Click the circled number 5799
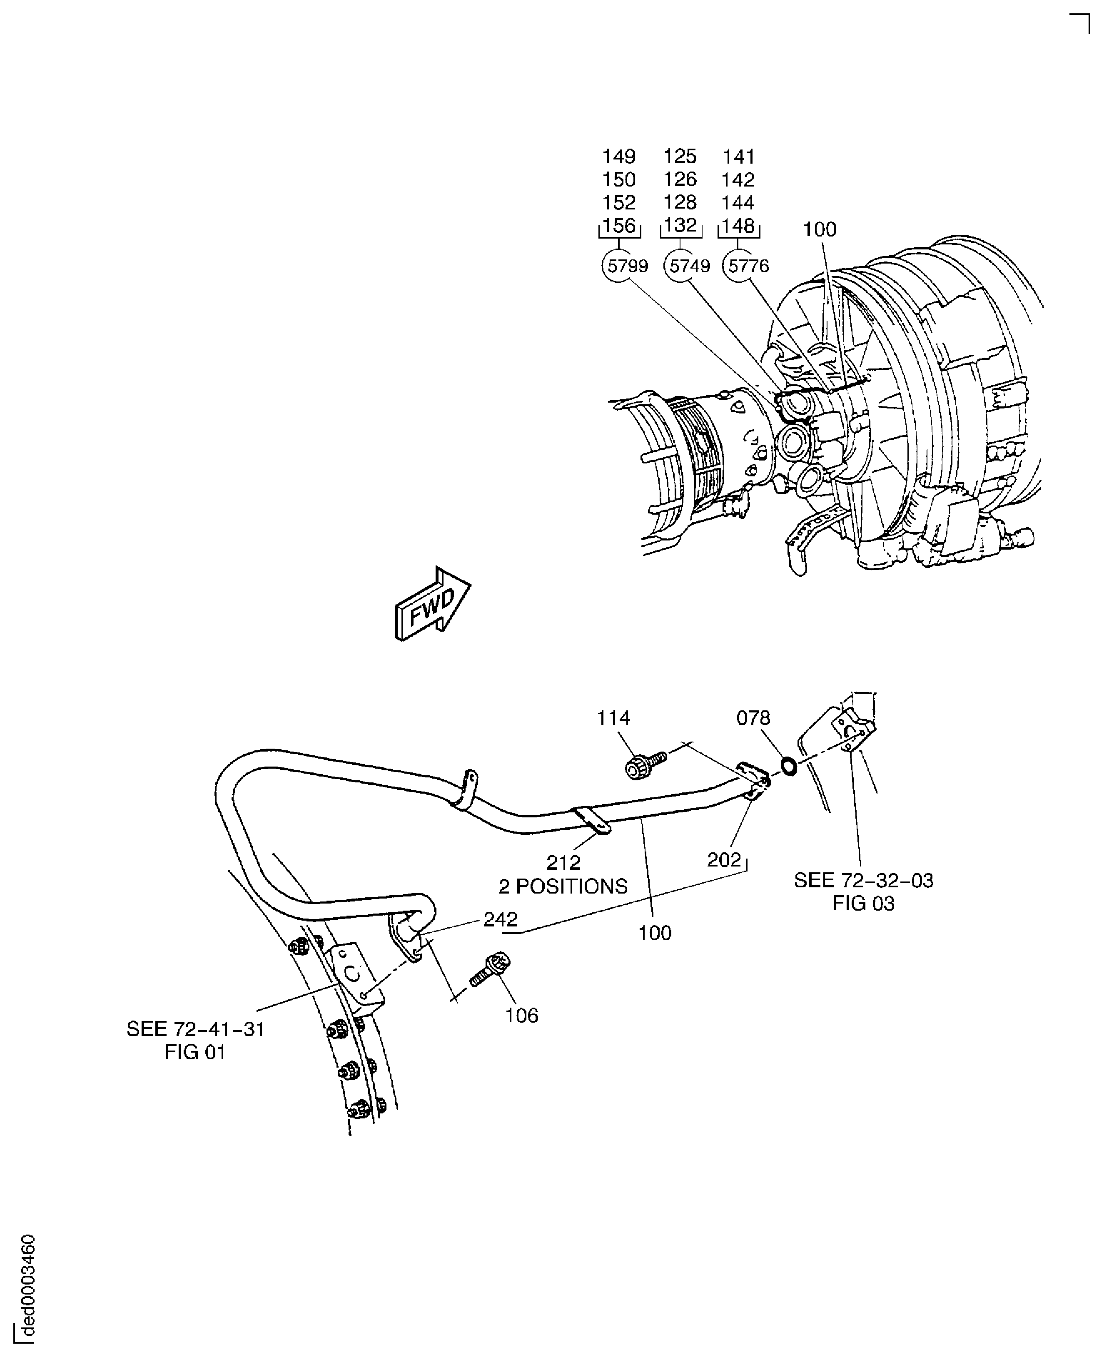point(627,266)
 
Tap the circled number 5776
point(748,266)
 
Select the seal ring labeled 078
point(788,766)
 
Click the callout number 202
point(724,860)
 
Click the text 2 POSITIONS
point(563,886)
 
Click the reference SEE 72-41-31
point(195,1029)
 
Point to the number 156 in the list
point(619,226)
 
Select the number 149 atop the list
point(619,157)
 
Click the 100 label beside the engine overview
point(819,229)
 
